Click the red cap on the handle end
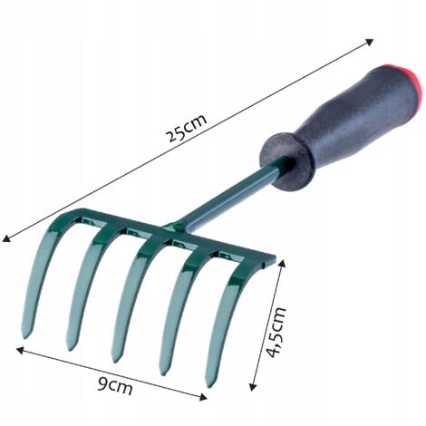411,82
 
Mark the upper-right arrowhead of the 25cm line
373,42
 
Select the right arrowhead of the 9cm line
205,395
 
